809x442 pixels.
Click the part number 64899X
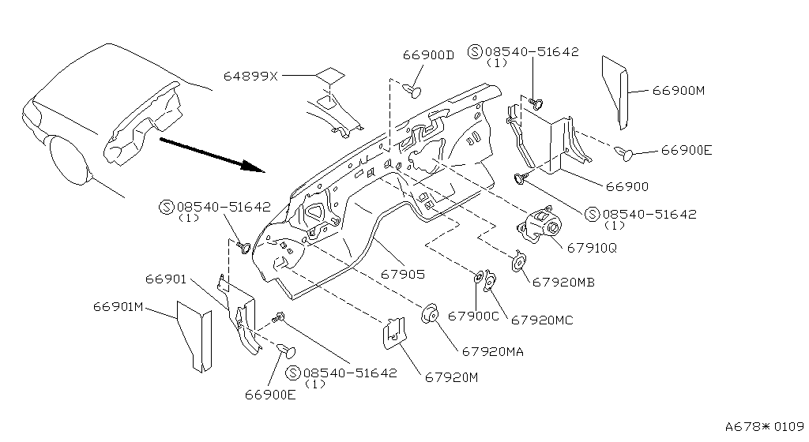250,77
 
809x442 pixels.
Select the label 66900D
428,55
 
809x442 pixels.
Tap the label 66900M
679,91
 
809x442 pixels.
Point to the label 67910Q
592,249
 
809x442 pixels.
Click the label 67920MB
563,283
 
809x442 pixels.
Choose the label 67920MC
542,320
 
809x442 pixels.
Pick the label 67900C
473,317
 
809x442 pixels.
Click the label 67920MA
493,352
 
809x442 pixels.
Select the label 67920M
451,378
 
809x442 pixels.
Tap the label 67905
403,275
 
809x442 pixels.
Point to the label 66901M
119,307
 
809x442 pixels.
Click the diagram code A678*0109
765,426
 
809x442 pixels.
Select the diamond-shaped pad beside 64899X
329,75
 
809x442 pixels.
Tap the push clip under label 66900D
412,92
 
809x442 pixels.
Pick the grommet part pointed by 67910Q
539,226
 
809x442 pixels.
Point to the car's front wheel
70,159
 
